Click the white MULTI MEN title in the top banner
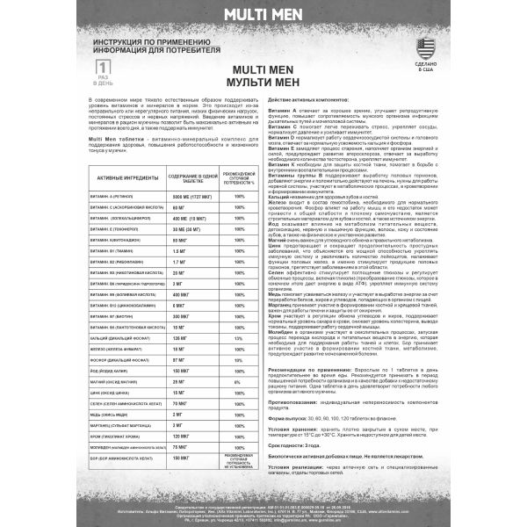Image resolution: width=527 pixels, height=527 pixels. click(263, 14)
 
